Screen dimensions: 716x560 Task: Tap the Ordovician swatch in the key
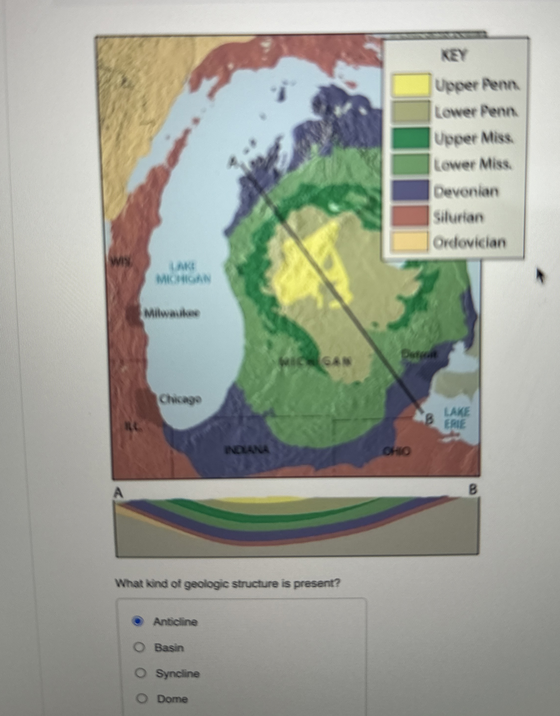click(410, 242)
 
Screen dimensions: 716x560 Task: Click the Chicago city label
click(180, 399)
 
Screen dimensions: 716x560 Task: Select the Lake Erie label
click(457, 418)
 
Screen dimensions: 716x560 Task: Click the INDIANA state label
click(247, 450)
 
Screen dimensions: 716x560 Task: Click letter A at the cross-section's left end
click(118, 492)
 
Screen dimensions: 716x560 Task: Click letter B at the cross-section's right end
click(473, 490)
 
